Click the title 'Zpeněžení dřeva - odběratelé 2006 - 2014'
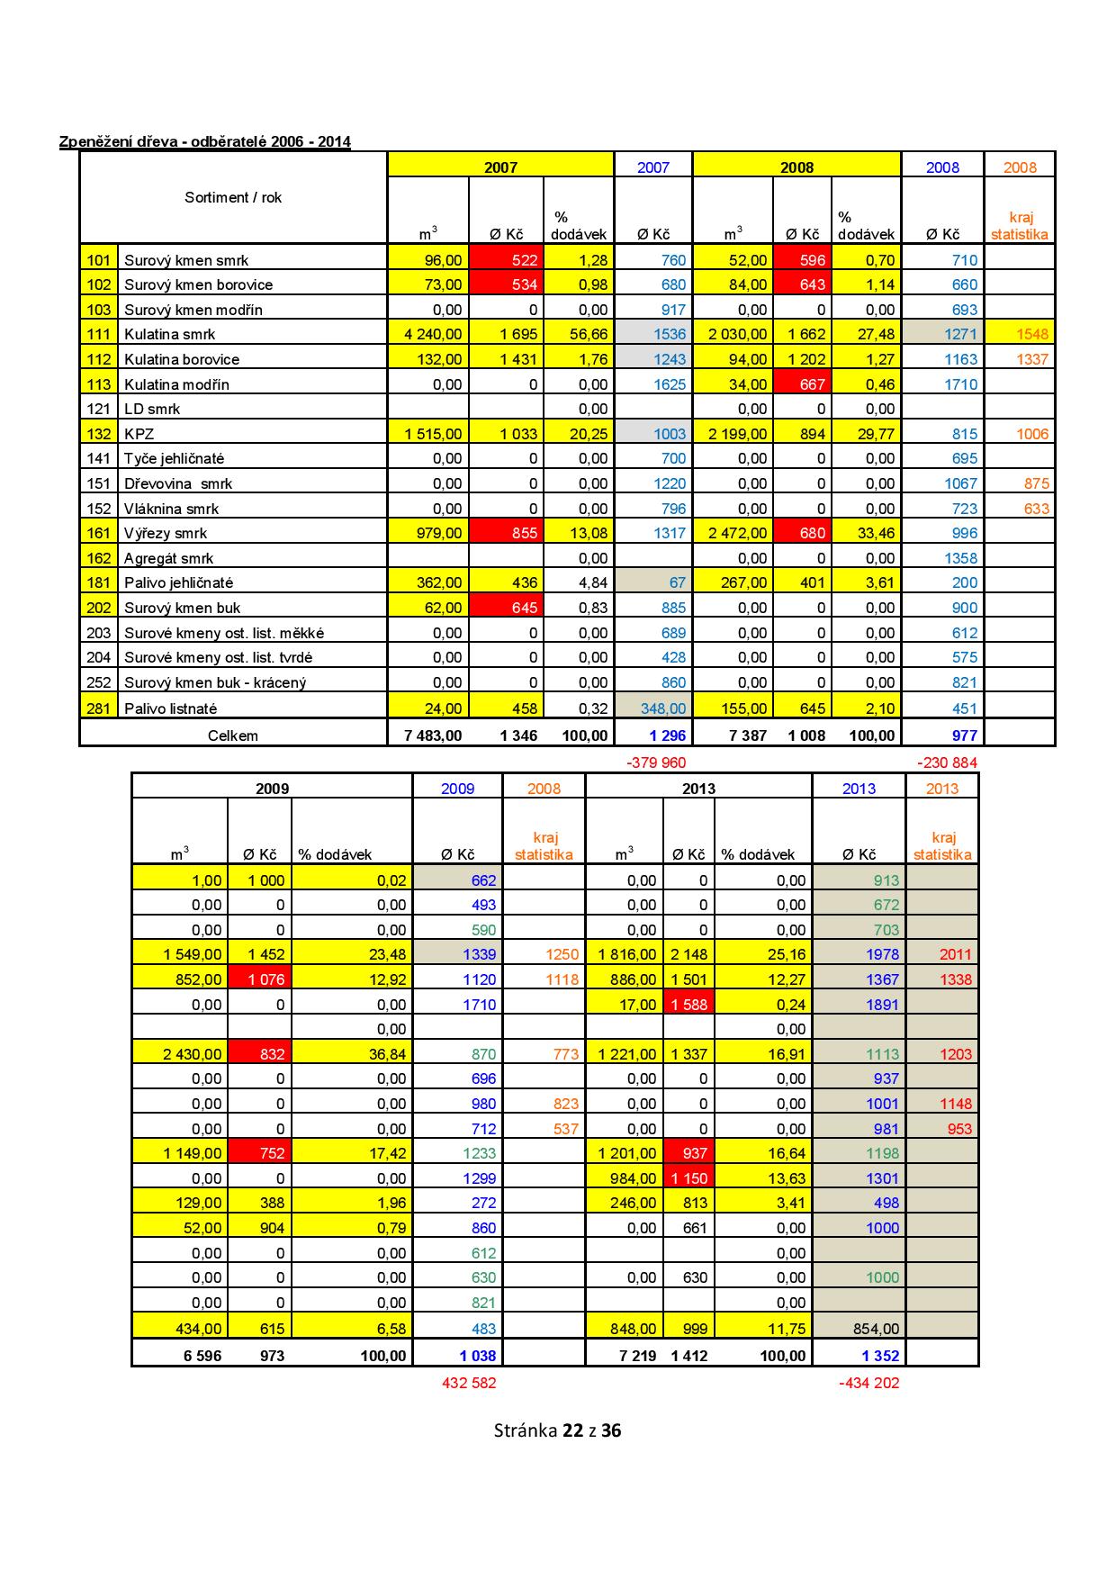204,141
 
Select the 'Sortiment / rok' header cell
233,197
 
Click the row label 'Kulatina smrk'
170,334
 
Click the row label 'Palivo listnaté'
170,708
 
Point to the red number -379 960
655,762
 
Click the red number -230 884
947,762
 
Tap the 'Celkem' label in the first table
233,735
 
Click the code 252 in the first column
99,682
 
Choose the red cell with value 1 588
688,1005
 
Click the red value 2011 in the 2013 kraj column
956,954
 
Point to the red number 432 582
468,1383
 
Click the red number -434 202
868,1383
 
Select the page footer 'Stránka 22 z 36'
557,1430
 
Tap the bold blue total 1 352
880,1356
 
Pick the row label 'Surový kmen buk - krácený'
215,682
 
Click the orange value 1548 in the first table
1032,334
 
